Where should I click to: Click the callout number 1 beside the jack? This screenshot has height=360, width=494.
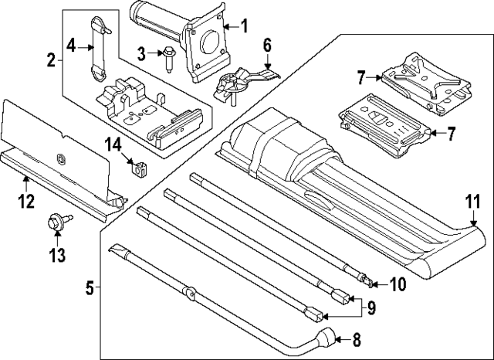tap(245, 27)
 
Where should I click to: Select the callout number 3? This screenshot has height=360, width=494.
tap(141, 53)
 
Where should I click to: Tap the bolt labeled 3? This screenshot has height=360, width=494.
tap(167, 58)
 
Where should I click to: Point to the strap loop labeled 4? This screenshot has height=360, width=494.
tap(99, 48)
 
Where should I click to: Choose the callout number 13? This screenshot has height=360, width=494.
tap(56, 254)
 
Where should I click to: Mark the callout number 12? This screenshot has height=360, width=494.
tap(26, 202)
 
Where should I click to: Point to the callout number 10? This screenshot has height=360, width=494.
tap(397, 284)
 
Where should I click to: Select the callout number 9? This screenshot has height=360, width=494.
tap(371, 308)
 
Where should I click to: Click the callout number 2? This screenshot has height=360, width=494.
tap(51, 59)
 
